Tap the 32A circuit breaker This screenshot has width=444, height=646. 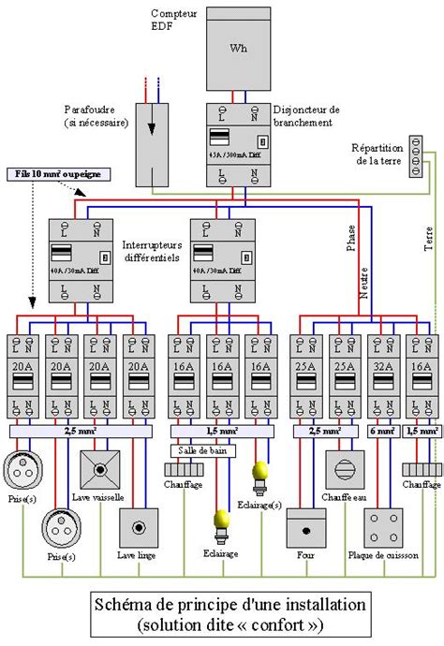[382, 375]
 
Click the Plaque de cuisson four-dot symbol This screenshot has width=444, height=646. [382, 529]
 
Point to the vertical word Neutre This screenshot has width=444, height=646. [365, 281]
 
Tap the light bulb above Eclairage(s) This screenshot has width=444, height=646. [263, 469]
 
